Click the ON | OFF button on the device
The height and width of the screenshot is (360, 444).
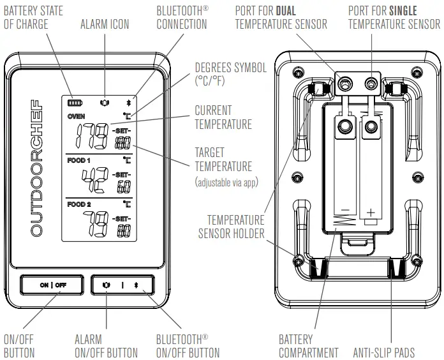[x=52, y=285]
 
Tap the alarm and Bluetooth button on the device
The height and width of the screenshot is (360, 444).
[x=122, y=285]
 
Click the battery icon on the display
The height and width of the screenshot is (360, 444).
[x=76, y=101]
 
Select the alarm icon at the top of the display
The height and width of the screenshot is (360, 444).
[x=104, y=101]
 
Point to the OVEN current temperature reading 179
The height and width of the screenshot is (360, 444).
[x=92, y=135]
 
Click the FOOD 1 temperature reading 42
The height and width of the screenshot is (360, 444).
[x=96, y=181]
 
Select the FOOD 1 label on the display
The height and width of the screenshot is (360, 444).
[x=79, y=160]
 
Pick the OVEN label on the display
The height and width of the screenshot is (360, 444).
[x=76, y=117]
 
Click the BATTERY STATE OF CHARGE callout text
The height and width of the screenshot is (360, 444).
[x=33, y=17]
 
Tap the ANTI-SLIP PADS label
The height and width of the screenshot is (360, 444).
[x=384, y=352]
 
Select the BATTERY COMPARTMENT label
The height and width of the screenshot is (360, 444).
[x=309, y=345]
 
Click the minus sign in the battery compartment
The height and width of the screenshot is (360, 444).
[x=344, y=211]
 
